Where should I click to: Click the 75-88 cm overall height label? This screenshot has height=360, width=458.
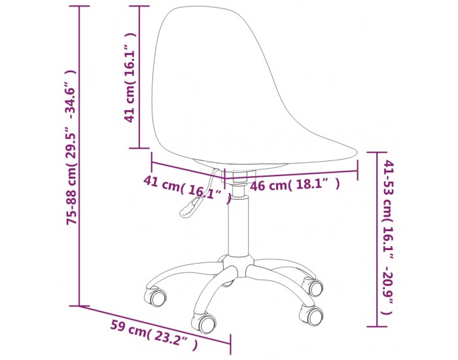tap(72, 147)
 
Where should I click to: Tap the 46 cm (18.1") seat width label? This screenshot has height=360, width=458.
tap(295, 185)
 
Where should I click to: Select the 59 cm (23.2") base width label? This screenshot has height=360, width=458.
tap(154, 334)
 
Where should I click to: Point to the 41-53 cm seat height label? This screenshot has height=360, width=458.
tap(388, 237)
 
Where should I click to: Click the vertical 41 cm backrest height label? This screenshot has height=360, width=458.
tap(130, 77)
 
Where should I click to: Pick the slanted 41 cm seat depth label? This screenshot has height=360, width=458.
tap(188, 189)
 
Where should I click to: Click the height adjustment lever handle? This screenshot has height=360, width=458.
tap(190, 207)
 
